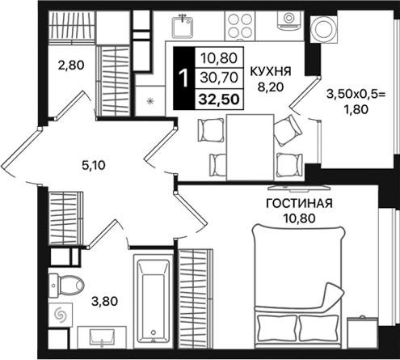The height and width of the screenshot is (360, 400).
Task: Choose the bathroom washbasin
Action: tap(103, 336)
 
